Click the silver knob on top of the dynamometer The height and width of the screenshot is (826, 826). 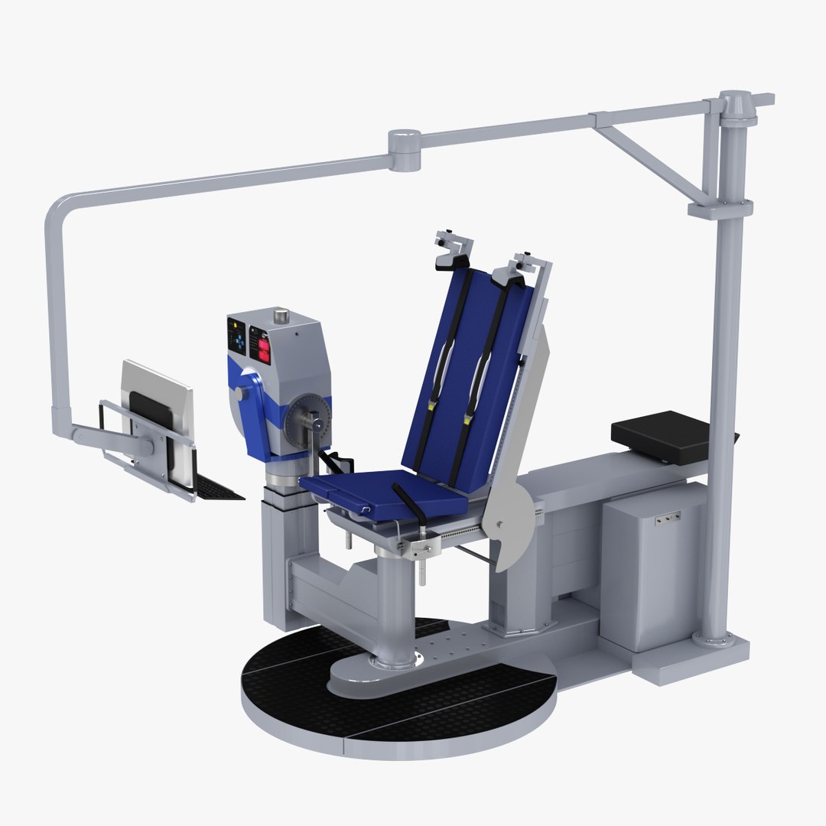point(281,315)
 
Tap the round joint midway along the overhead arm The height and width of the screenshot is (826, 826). point(405,149)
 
